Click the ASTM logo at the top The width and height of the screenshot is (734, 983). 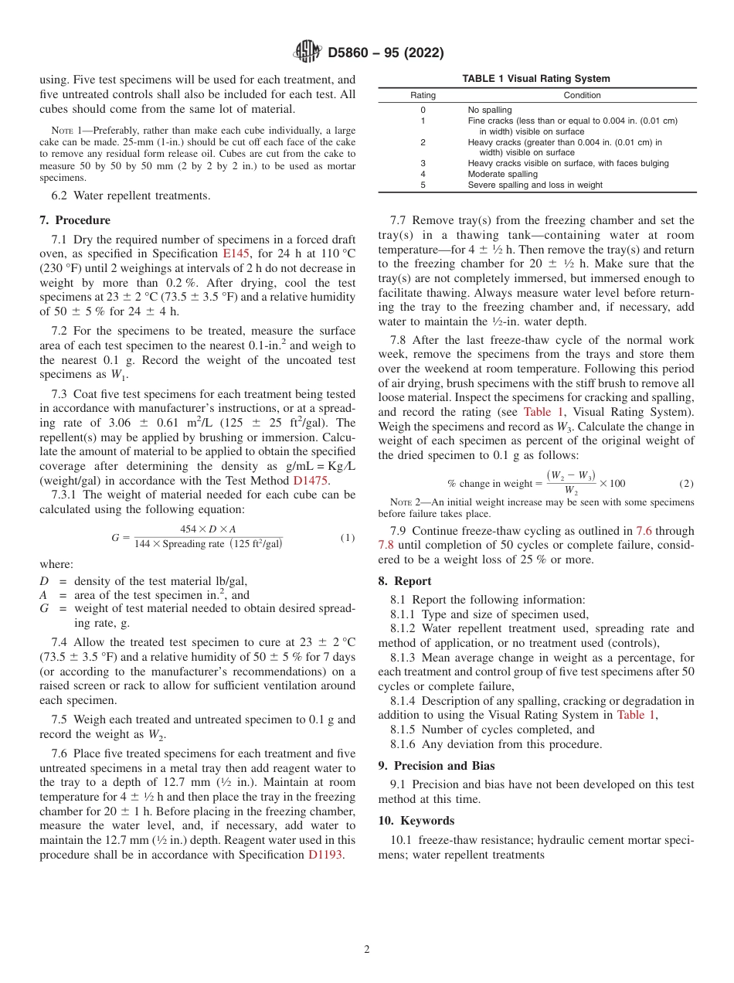(x=308, y=53)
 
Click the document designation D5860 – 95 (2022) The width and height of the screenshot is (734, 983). (x=386, y=53)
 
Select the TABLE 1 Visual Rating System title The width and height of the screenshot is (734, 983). (x=535, y=79)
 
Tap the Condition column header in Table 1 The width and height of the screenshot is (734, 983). (x=582, y=96)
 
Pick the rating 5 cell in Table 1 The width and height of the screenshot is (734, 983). (x=423, y=185)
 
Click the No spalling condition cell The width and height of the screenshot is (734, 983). (x=490, y=110)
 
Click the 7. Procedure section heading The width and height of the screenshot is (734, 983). (x=75, y=220)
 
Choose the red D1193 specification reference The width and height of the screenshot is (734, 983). (x=325, y=855)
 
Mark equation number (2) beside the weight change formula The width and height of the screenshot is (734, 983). (x=686, y=484)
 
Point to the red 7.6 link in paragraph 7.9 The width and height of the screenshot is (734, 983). (x=644, y=531)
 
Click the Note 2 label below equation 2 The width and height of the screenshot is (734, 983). (x=406, y=502)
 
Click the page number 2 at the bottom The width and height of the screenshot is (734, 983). (x=367, y=950)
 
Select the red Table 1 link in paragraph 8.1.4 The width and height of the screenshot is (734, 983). (x=635, y=715)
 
